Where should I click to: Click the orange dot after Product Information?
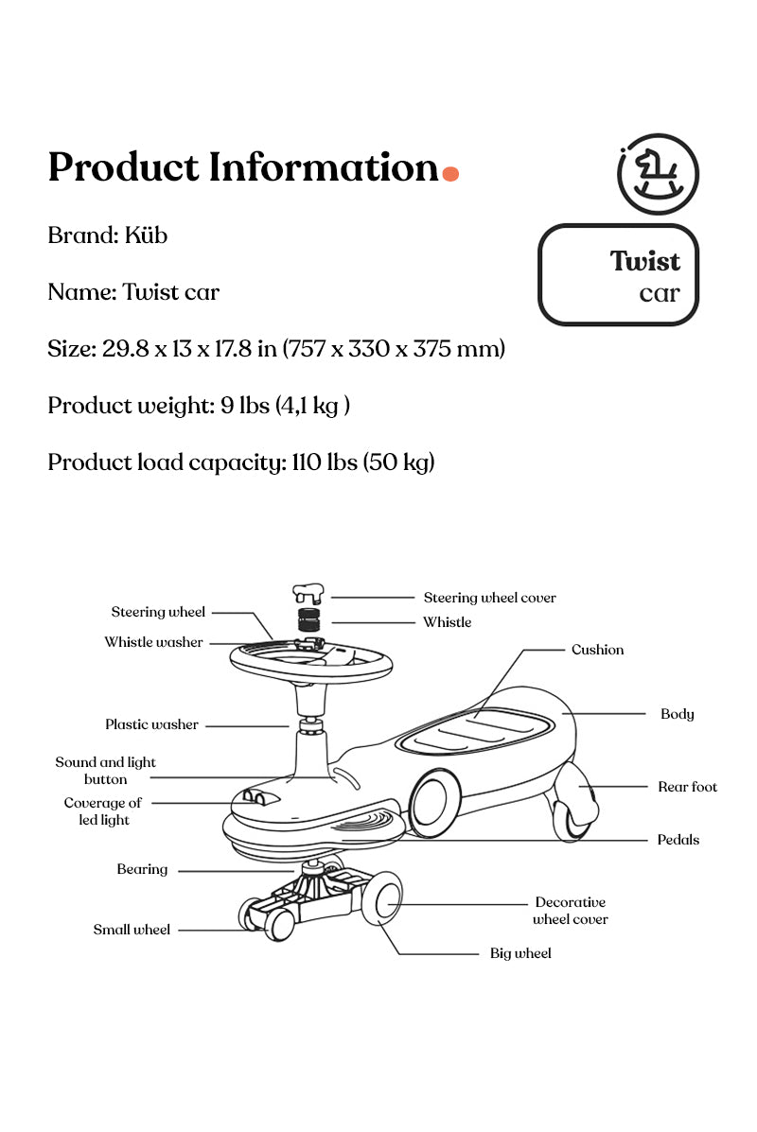pos(450,173)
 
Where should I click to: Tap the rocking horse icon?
pos(658,175)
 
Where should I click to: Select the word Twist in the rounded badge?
pos(644,261)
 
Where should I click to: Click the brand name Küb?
pos(146,235)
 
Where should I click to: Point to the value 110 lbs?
pos(323,462)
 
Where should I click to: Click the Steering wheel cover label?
pos(489,598)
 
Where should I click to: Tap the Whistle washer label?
pos(153,642)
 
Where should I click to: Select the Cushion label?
pos(597,650)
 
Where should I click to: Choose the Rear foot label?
pos(687,787)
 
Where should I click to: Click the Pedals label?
pos(678,840)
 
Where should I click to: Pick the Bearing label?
pos(142,869)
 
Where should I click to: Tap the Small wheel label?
pos(132,930)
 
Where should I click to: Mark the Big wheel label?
pos(519,953)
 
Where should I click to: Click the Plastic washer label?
pos(151,724)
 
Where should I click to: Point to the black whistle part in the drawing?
pos(309,621)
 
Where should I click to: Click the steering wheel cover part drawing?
pos(308,594)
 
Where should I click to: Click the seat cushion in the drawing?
pos(475,730)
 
